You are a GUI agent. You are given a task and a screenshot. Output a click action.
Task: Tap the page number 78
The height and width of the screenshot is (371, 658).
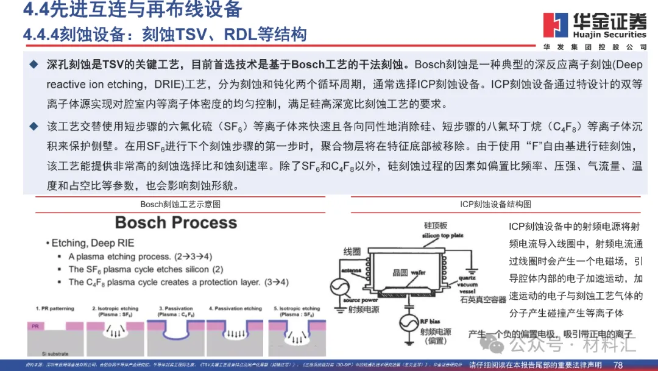(618, 365)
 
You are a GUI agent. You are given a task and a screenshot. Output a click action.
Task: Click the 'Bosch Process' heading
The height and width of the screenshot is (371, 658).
(176, 222)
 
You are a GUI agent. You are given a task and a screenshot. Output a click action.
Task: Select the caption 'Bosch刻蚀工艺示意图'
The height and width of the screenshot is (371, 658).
(180, 203)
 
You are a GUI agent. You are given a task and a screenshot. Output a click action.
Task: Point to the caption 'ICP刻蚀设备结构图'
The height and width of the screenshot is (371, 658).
(495, 203)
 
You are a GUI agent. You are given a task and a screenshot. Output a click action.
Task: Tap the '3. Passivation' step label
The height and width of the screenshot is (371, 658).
(179, 309)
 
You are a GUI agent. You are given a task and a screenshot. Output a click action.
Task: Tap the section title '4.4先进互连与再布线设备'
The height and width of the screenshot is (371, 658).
(132, 10)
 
